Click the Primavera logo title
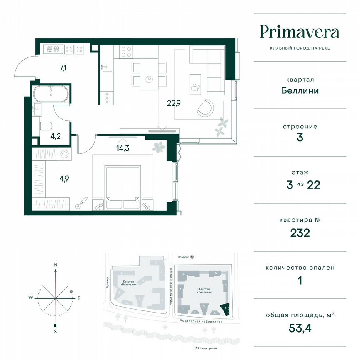coord(300,32)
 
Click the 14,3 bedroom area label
coord(122,147)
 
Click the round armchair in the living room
coord(205,107)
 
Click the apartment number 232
coord(300,232)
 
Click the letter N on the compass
coord(55,264)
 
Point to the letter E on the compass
coord(79,297)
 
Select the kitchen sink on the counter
coord(106,65)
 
